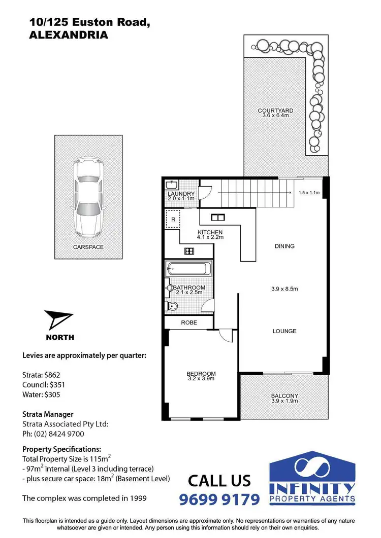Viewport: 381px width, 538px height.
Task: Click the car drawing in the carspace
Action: tap(88, 194)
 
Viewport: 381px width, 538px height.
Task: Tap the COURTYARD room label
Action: tap(275, 111)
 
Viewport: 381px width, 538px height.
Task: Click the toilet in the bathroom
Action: tap(172, 306)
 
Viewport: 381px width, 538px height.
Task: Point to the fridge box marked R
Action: tap(173, 220)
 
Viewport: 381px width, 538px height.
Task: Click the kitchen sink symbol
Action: tap(217, 218)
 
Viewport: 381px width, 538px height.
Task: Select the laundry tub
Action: tap(172, 185)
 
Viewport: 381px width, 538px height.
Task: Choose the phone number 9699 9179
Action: tap(219, 499)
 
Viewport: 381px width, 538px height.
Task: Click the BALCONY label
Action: tap(284, 396)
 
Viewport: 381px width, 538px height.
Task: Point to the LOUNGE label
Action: tap(284, 331)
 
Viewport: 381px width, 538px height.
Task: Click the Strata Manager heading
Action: tap(48, 414)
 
